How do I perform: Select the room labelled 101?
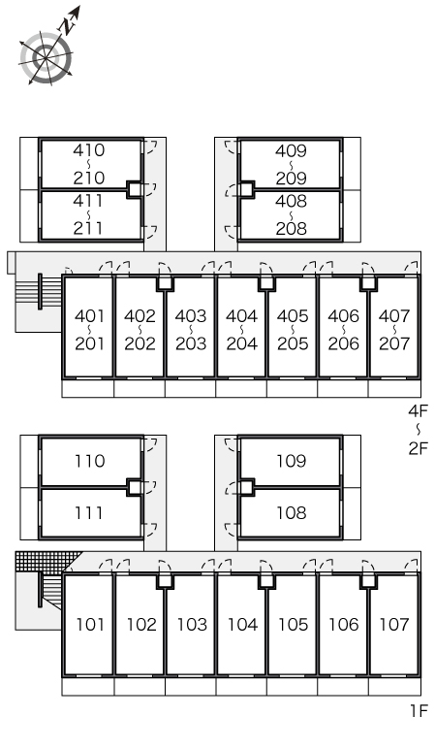point(90,624)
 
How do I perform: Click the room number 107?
point(394,624)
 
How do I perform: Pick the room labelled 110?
point(90,461)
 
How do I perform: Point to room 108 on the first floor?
point(291,513)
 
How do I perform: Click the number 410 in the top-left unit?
point(89,150)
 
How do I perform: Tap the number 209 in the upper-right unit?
point(291,179)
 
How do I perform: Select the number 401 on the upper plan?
point(89,316)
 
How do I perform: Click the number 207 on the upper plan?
point(394,343)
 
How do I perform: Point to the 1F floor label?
point(419,711)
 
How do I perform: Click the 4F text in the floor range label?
point(419,410)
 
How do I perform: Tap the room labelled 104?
point(242,624)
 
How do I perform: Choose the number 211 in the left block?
point(89,228)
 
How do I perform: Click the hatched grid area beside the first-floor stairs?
point(46,562)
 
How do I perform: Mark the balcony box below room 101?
point(88,687)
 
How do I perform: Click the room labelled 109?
point(291,461)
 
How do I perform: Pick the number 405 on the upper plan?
point(293,316)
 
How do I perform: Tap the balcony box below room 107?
point(394,687)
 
